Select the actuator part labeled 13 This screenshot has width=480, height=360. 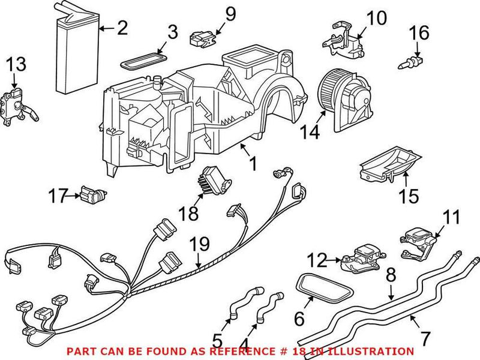[x=16, y=107]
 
